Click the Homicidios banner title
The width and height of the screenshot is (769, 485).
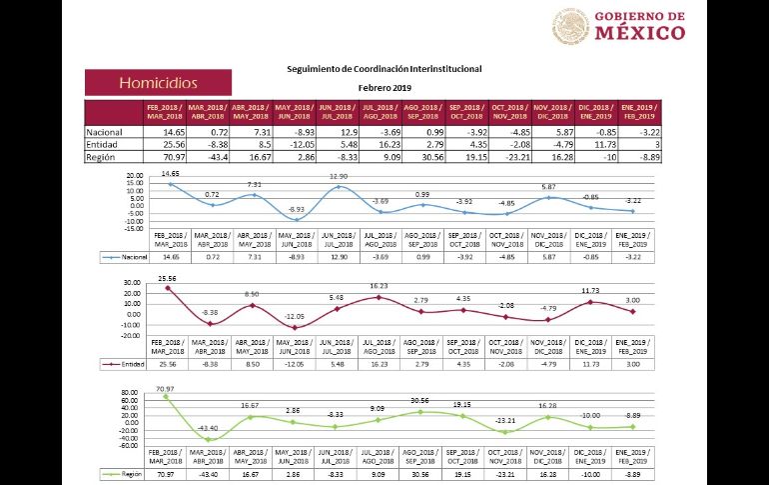158,83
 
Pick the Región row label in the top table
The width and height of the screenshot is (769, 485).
101,157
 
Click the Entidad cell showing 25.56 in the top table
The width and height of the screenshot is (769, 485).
174,144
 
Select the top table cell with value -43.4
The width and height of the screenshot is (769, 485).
214,157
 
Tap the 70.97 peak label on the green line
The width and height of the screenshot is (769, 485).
165,387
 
